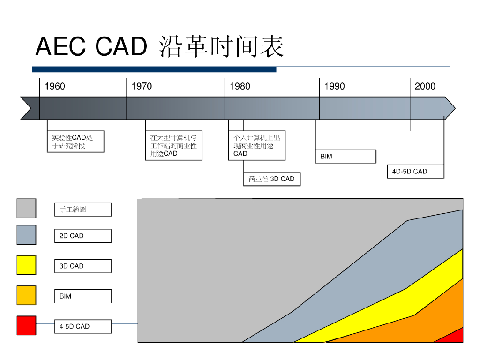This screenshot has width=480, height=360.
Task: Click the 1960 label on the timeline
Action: tap(55, 86)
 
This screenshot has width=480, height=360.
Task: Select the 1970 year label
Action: tap(142, 86)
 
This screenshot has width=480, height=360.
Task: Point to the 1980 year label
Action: tap(240, 86)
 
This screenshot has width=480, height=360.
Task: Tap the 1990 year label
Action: tap(334, 86)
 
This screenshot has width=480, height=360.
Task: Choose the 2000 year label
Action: tap(425, 86)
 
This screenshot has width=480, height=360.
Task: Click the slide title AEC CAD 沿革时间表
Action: tap(159, 47)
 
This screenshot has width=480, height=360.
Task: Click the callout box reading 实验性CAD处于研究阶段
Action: tap(75, 142)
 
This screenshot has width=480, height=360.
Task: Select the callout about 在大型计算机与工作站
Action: tap(173, 145)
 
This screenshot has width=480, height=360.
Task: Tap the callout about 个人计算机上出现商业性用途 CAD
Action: tap(256, 145)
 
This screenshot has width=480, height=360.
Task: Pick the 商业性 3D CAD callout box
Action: tap(272, 179)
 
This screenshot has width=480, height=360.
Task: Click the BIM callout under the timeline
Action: tap(345, 157)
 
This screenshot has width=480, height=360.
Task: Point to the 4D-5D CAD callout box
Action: tap(415, 172)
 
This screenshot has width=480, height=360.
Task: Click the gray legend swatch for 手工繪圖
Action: tap(26, 209)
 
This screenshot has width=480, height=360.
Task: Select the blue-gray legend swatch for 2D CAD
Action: tap(26, 235)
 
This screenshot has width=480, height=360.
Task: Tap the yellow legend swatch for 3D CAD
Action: tap(26, 265)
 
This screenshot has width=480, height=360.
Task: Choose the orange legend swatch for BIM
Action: tap(26, 295)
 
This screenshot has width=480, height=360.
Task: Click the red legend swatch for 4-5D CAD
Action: tap(26, 325)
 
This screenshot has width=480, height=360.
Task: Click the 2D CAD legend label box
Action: tap(82, 236)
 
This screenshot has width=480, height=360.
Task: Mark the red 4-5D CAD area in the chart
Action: tap(456, 337)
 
